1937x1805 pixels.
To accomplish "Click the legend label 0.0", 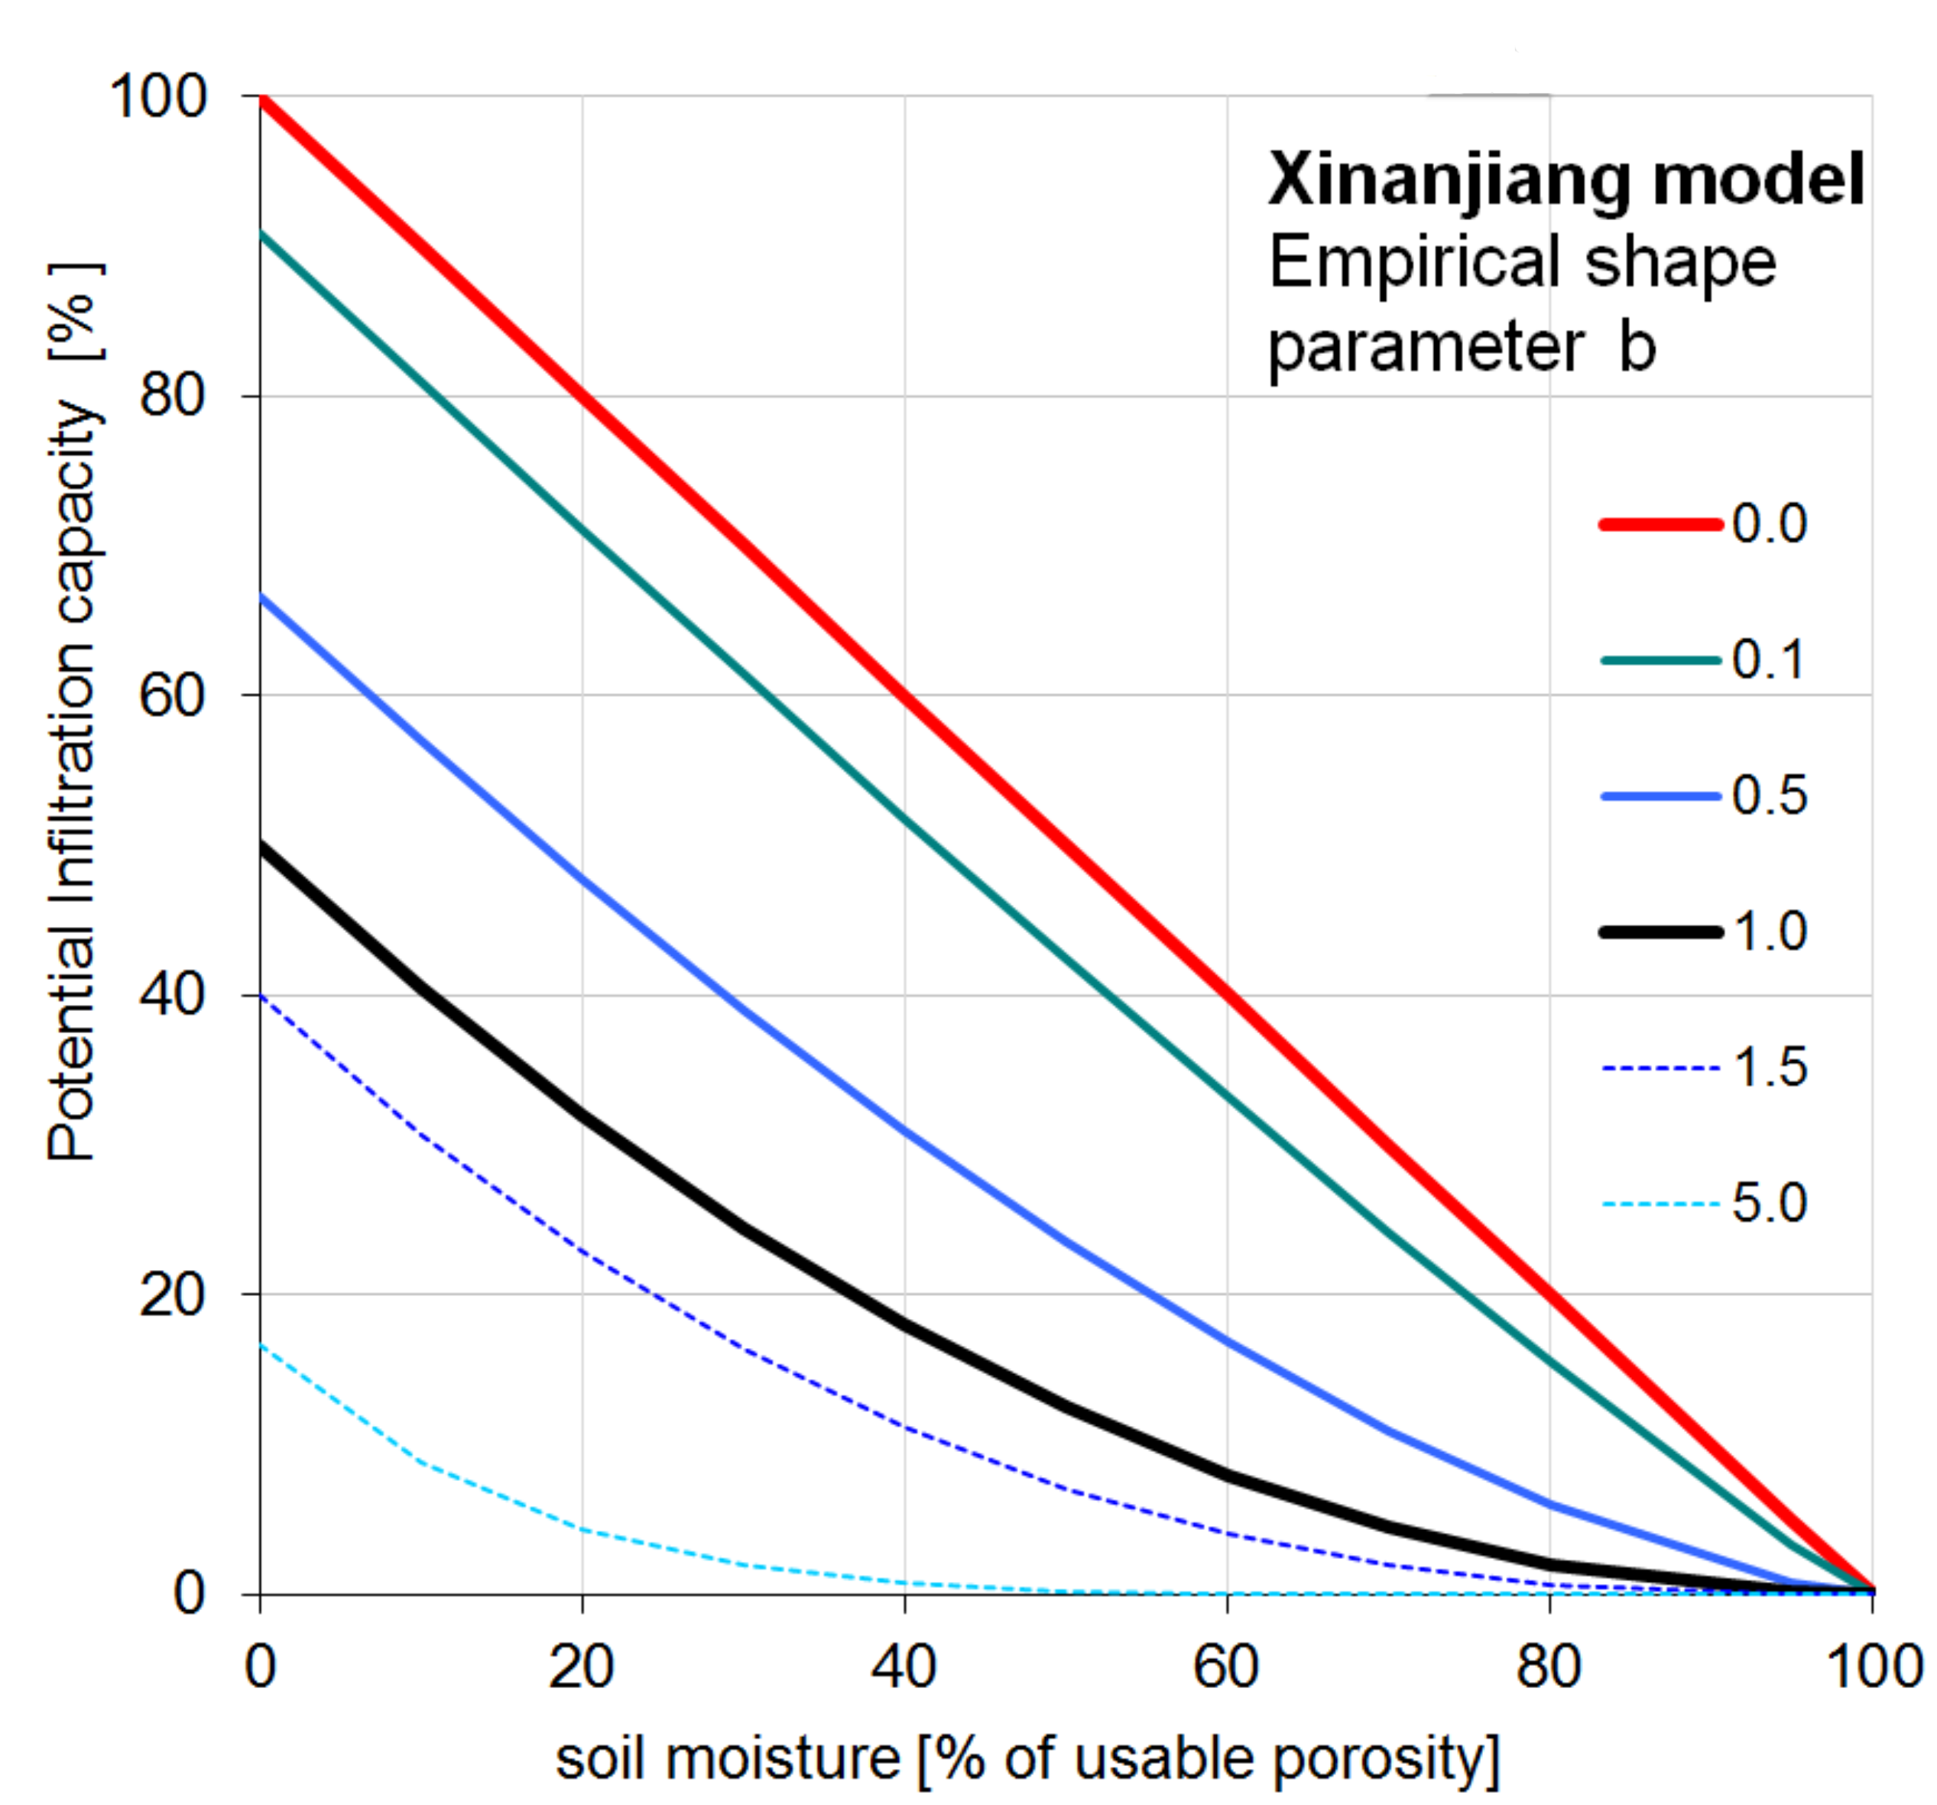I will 1770,524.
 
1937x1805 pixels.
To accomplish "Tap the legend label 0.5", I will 1770,796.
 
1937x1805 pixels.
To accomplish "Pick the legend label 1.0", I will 1770,932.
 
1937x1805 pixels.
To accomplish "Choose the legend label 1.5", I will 1770,1068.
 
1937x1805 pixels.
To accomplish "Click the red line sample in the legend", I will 1660,524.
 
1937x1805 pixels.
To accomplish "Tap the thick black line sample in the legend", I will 1660,932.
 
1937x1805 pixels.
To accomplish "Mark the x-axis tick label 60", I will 1226,1666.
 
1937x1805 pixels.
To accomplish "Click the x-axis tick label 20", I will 581,1666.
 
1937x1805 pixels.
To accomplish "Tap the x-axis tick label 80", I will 1548,1666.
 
